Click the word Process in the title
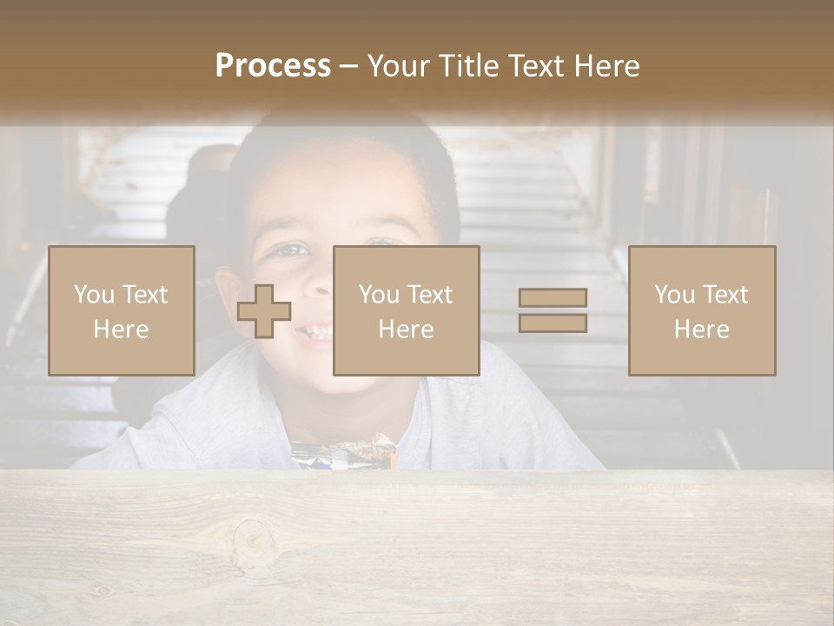coord(273,66)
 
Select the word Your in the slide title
coord(395,66)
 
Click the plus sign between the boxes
coord(264,311)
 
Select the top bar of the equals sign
coord(553,297)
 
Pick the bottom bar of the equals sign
coord(553,323)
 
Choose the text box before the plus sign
coord(122,310)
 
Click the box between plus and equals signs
coord(406,310)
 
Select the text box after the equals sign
coord(701,310)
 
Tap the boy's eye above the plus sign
coord(291,250)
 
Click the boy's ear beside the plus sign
coord(228,291)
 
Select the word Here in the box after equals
coord(701,329)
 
